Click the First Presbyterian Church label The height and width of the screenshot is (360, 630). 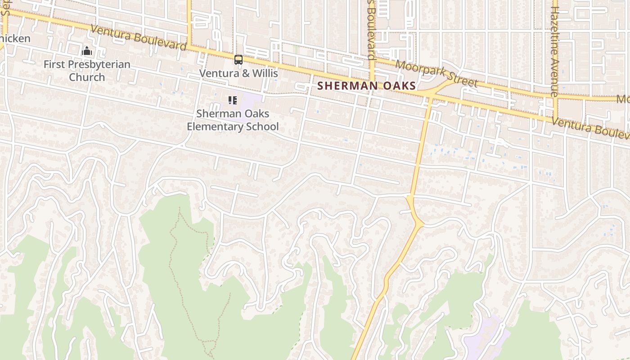(87, 71)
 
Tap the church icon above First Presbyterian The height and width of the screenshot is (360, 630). (87, 51)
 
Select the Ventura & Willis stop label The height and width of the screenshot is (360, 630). (238, 73)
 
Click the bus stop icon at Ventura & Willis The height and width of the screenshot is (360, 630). (238, 59)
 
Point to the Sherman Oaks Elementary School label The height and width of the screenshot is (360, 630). (233, 120)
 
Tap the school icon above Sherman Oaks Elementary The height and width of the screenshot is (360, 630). (232, 100)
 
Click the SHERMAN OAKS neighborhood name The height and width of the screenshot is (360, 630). (366, 85)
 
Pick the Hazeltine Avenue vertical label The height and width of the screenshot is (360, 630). (554, 51)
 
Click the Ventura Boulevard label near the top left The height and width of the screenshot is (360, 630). (138, 37)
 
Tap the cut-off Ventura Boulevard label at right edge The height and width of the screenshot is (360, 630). (590, 128)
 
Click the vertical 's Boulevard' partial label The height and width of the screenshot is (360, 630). (371, 30)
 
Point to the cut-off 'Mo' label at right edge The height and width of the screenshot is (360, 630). (623, 99)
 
